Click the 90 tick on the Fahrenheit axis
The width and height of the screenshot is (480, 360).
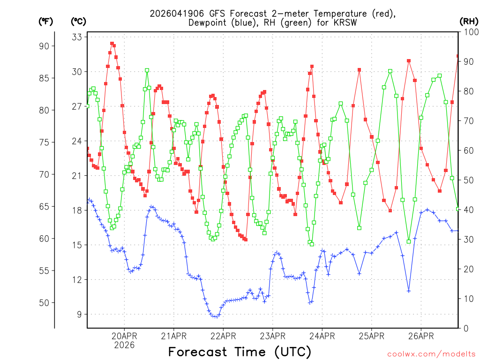coord(48,46)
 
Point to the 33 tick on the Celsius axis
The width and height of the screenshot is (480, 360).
coord(76,37)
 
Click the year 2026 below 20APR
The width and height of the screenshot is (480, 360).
coord(124,345)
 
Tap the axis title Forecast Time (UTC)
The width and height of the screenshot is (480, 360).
coord(240,352)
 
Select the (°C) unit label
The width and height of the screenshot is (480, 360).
coord(79,21)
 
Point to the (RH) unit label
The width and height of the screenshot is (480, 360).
coord(469,21)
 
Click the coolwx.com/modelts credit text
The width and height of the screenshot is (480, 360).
coord(431,353)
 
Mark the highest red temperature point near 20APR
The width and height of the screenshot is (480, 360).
coord(112,43)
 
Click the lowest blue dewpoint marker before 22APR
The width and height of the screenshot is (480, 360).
coord(215,316)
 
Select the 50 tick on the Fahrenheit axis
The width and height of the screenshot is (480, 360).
coord(48,303)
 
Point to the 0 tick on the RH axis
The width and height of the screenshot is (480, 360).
coord(465,328)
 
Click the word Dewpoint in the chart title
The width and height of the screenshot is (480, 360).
coord(207,22)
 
